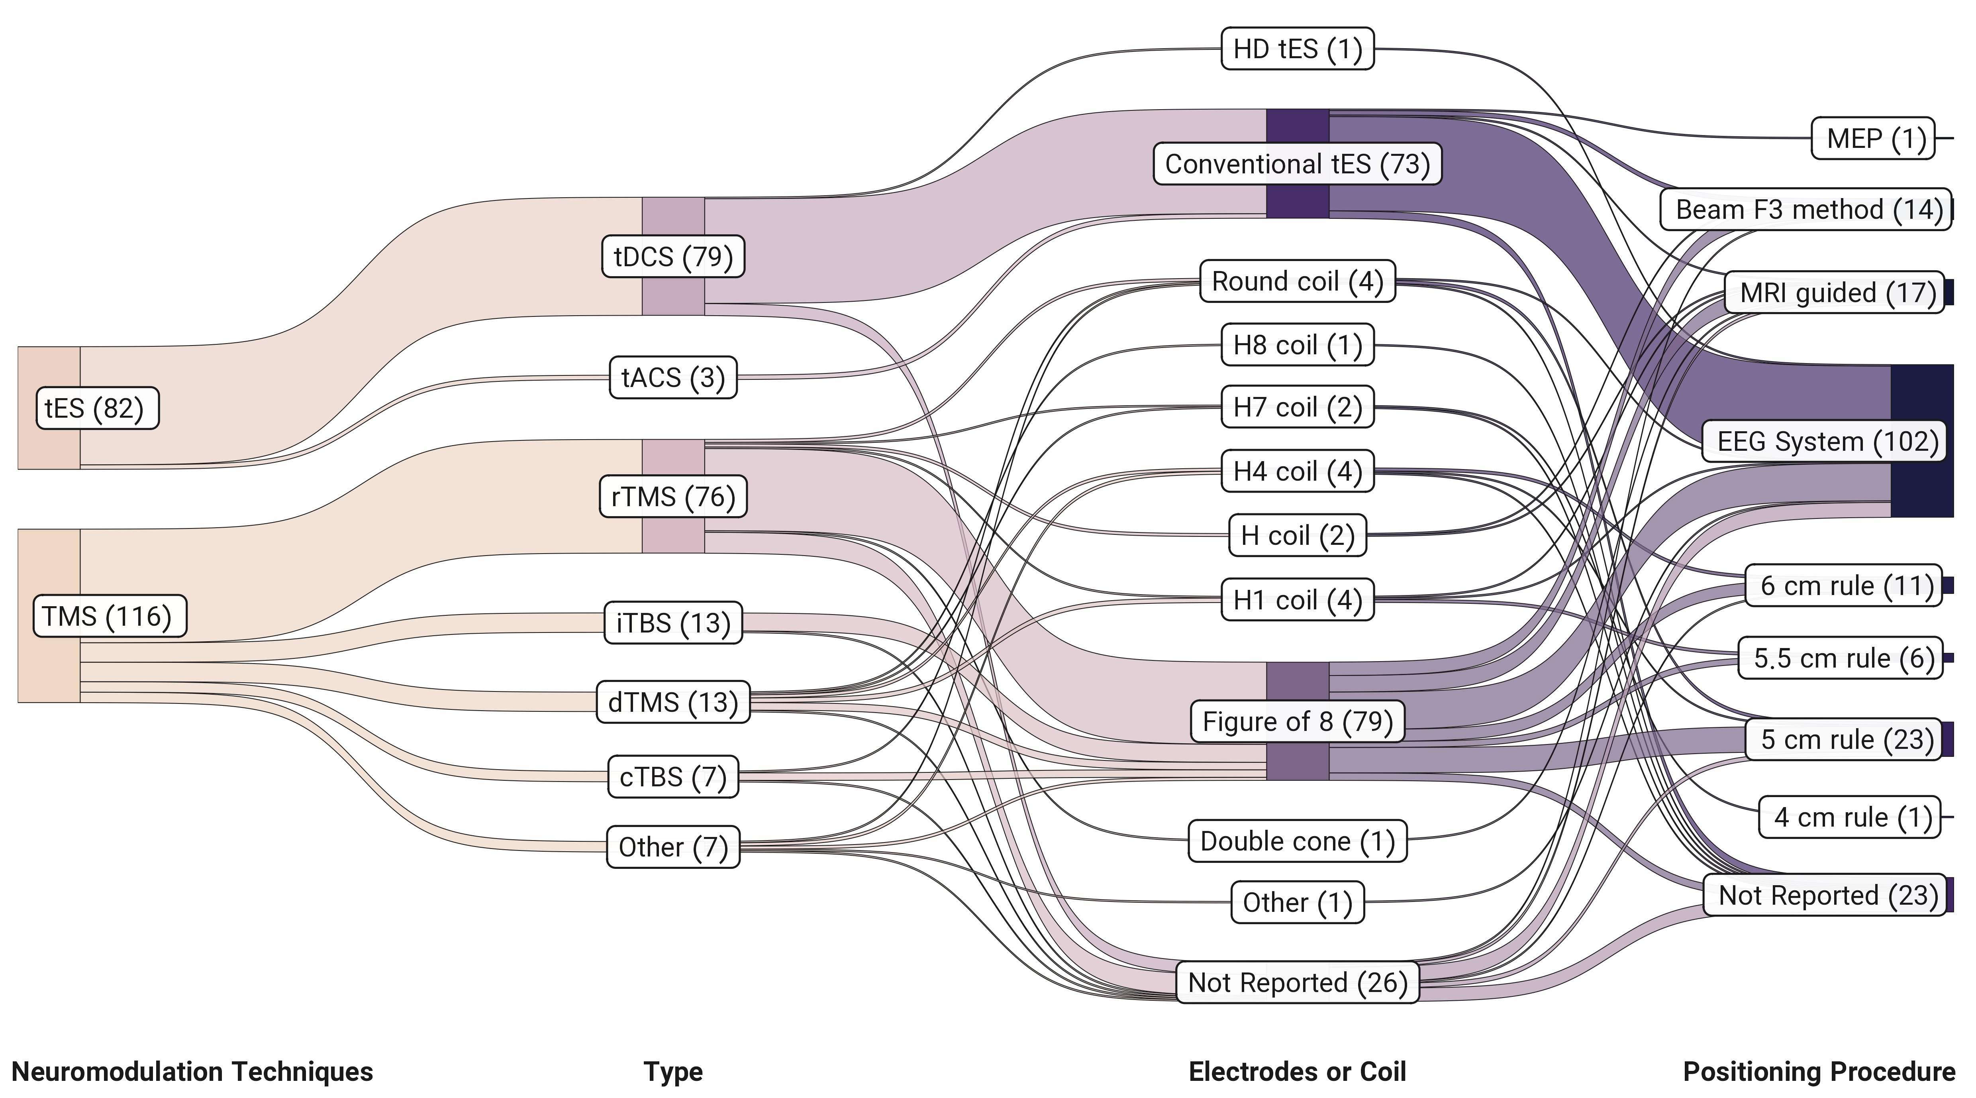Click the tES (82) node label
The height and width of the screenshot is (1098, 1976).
pyautogui.click(x=98, y=408)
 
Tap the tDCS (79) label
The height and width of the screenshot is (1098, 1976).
pyautogui.click(x=673, y=256)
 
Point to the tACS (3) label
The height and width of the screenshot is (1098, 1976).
pyautogui.click(x=673, y=377)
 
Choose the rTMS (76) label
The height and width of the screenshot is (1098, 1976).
pyautogui.click(x=673, y=497)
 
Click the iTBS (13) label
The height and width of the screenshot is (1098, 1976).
pyautogui.click(x=673, y=623)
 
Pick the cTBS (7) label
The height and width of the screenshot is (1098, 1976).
pyautogui.click(x=673, y=777)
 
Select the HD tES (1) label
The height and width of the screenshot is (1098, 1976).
pyautogui.click(x=1297, y=49)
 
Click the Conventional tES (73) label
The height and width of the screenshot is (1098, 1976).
pyautogui.click(x=1297, y=163)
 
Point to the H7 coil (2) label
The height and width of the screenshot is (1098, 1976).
pyautogui.click(x=1297, y=407)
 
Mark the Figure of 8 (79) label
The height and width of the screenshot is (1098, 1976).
pyautogui.click(x=1297, y=721)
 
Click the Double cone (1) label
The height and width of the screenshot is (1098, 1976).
pyautogui.click(x=1297, y=841)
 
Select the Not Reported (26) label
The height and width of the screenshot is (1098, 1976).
pyautogui.click(x=1297, y=982)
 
